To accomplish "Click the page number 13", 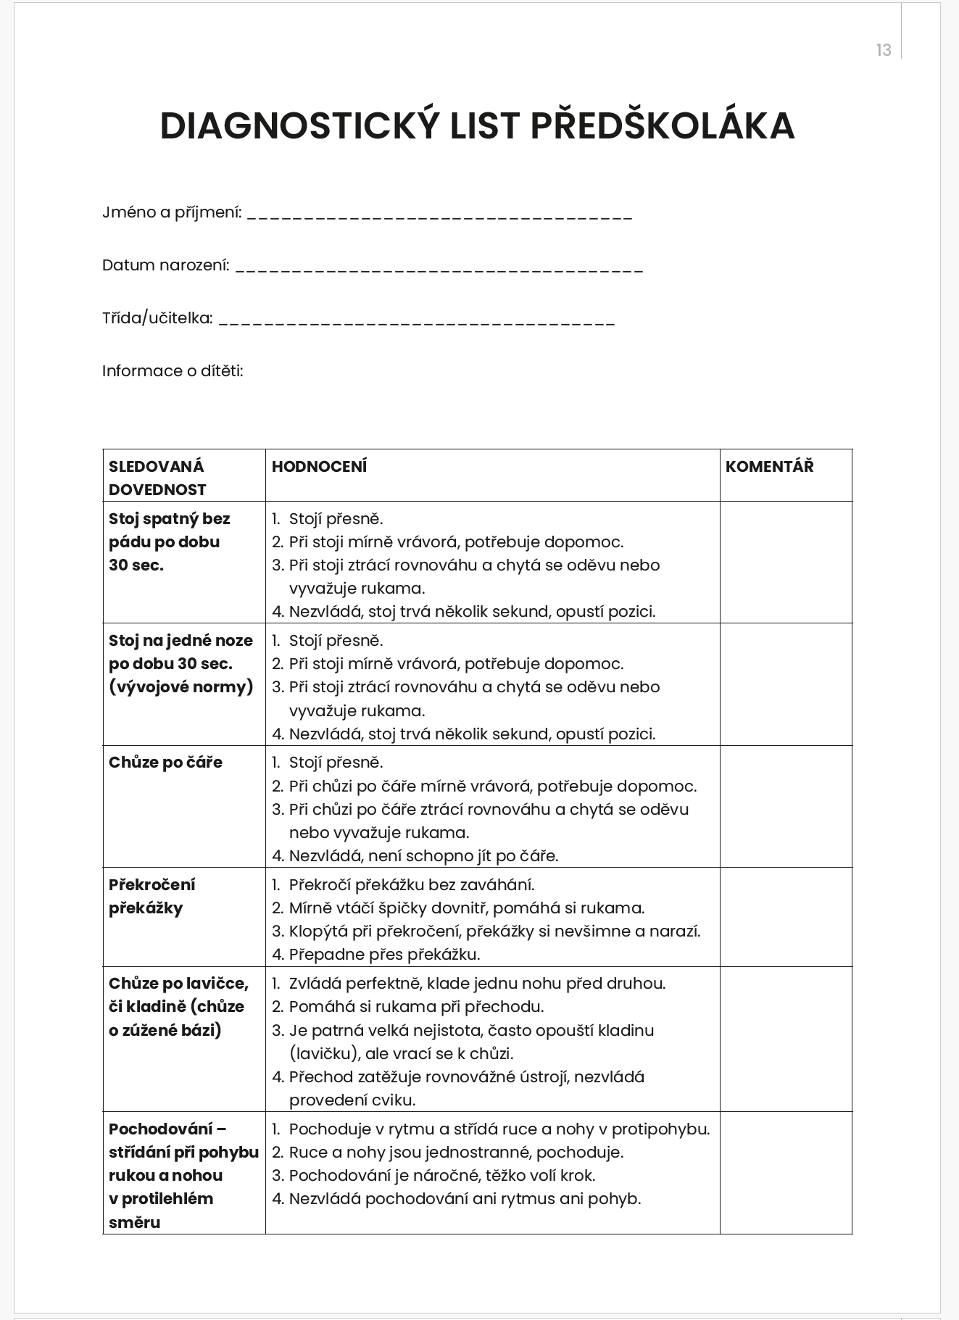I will point(883,50).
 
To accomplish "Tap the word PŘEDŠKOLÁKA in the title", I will point(663,126).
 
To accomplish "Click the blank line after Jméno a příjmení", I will point(439,216).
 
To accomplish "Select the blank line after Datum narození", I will point(439,269).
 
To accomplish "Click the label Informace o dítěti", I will point(173,371).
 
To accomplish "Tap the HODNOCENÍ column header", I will point(319,467).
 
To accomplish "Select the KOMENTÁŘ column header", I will point(769,467).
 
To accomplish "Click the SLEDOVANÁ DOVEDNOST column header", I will point(157,478).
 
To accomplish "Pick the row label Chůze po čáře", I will point(165,763).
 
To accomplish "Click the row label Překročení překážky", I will point(152,896).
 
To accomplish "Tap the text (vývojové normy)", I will point(181,686).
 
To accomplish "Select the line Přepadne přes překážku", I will point(384,954).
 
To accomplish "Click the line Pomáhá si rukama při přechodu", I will point(416,1006).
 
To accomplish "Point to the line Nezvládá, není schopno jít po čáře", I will point(423,855).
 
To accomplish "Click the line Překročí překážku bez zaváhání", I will point(412,884).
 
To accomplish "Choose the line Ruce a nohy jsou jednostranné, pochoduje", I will point(456,1152).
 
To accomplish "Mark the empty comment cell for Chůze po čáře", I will point(786,806).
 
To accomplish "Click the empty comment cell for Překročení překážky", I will point(786,917).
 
